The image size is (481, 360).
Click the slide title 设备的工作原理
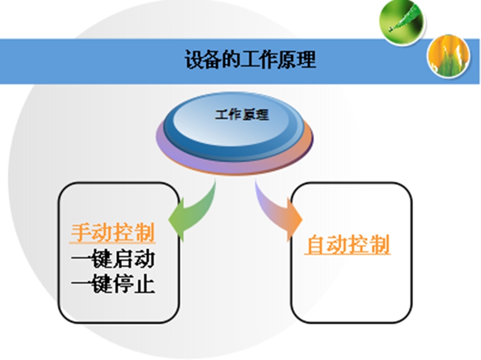(x=250, y=60)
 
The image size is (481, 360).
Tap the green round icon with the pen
(x=402, y=22)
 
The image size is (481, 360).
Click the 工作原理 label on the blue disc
(x=241, y=115)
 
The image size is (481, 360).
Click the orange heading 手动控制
(x=112, y=232)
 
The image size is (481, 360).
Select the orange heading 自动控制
(x=348, y=244)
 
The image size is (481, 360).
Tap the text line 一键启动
(x=113, y=259)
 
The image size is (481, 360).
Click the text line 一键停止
(x=113, y=284)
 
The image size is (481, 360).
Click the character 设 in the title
(x=194, y=60)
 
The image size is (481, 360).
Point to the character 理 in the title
(x=307, y=60)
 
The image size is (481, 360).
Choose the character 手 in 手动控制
(x=81, y=232)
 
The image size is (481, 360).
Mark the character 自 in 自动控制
(x=316, y=244)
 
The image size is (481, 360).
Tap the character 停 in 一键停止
(x=124, y=284)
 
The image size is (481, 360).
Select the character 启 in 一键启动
(x=124, y=259)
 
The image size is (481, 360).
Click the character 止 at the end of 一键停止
(x=144, y=284)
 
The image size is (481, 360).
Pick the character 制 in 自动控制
(x=380, y=244)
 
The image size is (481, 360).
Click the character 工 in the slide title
(x=250, y=60)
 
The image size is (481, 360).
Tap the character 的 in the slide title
(x=231, y=60)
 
